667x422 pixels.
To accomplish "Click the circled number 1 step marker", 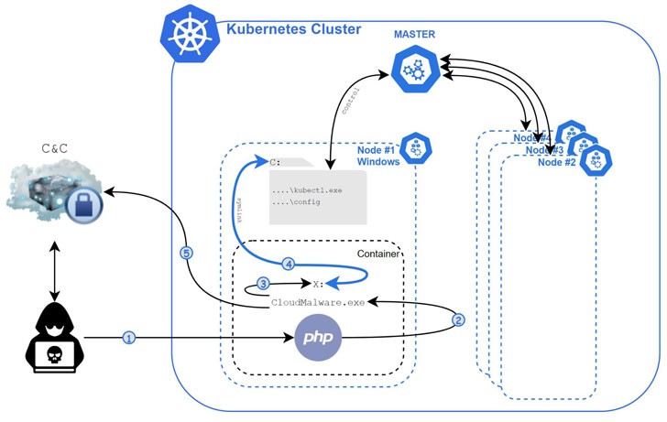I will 129,338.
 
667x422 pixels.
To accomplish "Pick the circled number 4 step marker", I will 289,264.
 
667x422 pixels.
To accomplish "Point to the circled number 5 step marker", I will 187,254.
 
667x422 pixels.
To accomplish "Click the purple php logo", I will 312,338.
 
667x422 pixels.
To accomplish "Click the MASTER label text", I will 414,35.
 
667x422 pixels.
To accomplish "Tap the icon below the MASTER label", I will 414,70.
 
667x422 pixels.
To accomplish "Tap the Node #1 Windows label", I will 378,156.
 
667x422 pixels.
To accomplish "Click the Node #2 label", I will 556,162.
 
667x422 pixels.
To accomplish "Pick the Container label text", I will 377,254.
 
